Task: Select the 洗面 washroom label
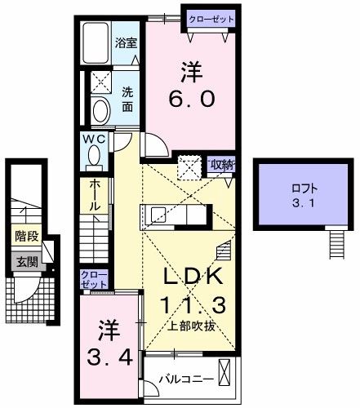128,99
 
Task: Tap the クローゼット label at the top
212,19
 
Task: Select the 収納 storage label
221,164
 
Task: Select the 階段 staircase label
26,237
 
